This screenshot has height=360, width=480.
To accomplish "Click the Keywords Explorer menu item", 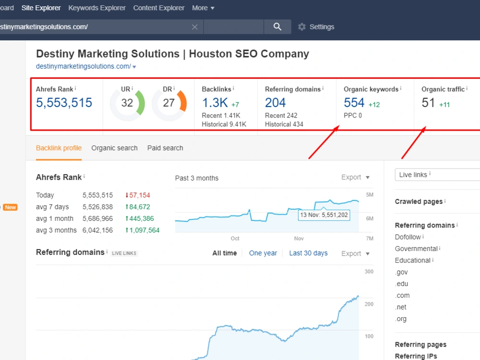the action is click(97, 8).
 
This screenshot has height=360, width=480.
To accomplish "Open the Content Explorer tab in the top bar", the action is click(158, 8).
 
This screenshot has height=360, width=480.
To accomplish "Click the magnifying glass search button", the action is click(277, 26).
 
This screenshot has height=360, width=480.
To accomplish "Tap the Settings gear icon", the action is click(302, 27).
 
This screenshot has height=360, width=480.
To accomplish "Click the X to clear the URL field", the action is click(195, 27).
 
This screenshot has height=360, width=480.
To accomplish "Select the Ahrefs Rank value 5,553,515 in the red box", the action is click(64, 103).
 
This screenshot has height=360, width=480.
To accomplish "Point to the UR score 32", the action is click(127, 103).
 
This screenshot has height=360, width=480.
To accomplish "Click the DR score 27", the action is click(168, 103).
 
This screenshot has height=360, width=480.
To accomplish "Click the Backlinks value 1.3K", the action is click(215, 103).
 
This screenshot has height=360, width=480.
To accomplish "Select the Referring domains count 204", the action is click(275, 103).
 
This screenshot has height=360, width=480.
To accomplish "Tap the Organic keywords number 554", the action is click(354, 103).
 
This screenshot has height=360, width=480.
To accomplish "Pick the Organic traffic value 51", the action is click(428, 103).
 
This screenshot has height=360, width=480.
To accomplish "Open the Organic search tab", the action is click(115, 148).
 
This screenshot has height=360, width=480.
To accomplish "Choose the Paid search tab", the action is click(165, 148).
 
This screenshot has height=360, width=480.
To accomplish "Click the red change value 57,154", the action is click(140, 195).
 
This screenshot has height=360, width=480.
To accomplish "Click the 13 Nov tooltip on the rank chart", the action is click(324, 215).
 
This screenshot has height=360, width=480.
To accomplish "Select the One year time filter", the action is click(263, 253).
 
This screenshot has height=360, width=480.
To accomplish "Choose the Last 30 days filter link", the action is click(308, 253).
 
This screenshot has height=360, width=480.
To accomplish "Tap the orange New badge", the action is click(11, 207).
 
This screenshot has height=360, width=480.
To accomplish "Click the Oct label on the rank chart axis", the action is click(235, 239).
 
